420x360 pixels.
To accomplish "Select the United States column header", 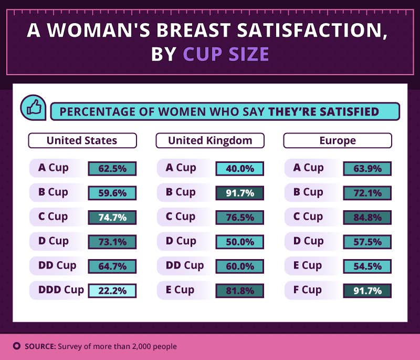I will [82, 140].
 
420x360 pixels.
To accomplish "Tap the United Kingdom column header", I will [210, 140].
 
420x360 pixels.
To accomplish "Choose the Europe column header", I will [337, 140].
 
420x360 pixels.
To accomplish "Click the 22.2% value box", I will [112, 290].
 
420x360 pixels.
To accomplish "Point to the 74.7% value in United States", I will [112, 217].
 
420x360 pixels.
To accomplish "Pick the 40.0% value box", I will [239, 168].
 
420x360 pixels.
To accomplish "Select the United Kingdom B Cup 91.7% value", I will [239, 193].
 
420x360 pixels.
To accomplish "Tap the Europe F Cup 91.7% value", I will [367, 290].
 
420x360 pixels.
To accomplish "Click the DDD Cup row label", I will [61, 290].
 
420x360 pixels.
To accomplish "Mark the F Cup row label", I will [311, 290].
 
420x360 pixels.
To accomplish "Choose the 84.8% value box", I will [367, 217].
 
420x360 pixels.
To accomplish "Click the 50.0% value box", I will [239, 242].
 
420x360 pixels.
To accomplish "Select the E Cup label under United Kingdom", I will [180, 290].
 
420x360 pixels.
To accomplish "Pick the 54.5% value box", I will [367, 266].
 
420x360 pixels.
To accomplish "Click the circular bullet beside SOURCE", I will [16, 346].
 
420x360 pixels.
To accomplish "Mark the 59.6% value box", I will [112, 193].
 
